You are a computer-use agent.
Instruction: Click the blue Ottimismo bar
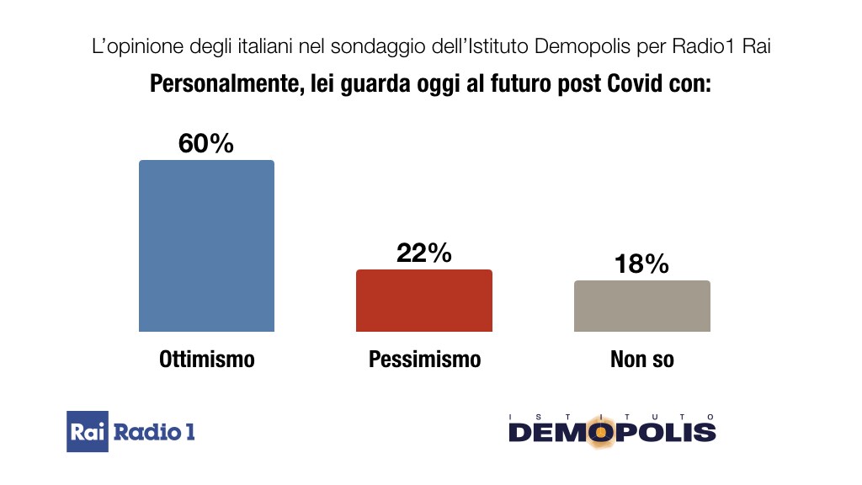[206, 246]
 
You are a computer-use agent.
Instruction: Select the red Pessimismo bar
[424, 301]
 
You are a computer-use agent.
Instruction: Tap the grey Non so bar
[641, 306]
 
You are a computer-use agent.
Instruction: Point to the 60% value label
[205, 144]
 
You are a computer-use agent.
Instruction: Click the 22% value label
[424, 253]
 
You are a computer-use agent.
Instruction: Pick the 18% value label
[641, 264]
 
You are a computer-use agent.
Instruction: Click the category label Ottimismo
[206, 360]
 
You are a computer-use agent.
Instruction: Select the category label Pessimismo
[424, 360]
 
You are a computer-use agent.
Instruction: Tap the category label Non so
[641, 360]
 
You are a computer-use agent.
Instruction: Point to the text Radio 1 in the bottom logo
[154, 433]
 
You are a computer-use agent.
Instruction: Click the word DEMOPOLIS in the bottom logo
[612, 433]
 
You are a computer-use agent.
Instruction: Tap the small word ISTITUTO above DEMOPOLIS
[612, 416]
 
